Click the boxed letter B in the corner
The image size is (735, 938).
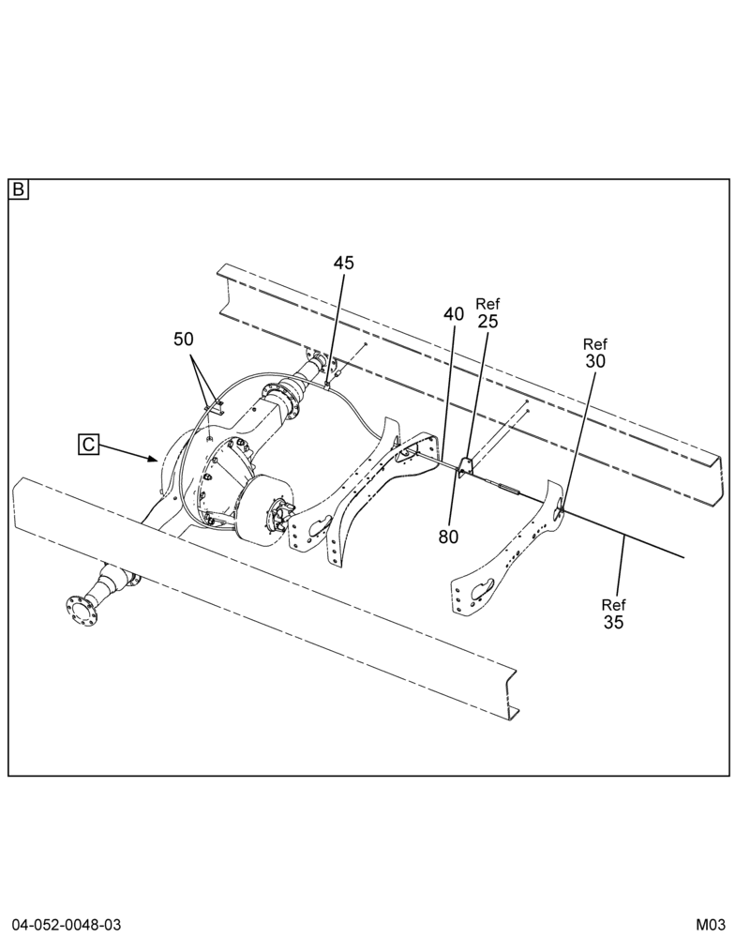pos(19,190)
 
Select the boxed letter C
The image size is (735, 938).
pos(88,445)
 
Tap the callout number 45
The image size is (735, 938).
pos(343,263)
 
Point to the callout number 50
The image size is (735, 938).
pos(184,340)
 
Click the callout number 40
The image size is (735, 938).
pos(454,313)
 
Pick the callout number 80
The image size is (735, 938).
pos(448,537)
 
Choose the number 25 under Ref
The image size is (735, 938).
pos(488,321)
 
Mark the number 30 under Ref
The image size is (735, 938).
pos(595,361)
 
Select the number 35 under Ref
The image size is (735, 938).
pos(614,622)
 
